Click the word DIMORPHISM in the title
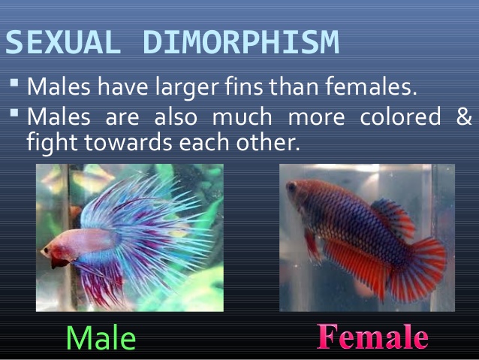click(x=241, y=44)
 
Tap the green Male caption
click(x=101, y=337)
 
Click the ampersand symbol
click(x=464, y=118)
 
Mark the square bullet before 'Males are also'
click(x=16, y=112)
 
